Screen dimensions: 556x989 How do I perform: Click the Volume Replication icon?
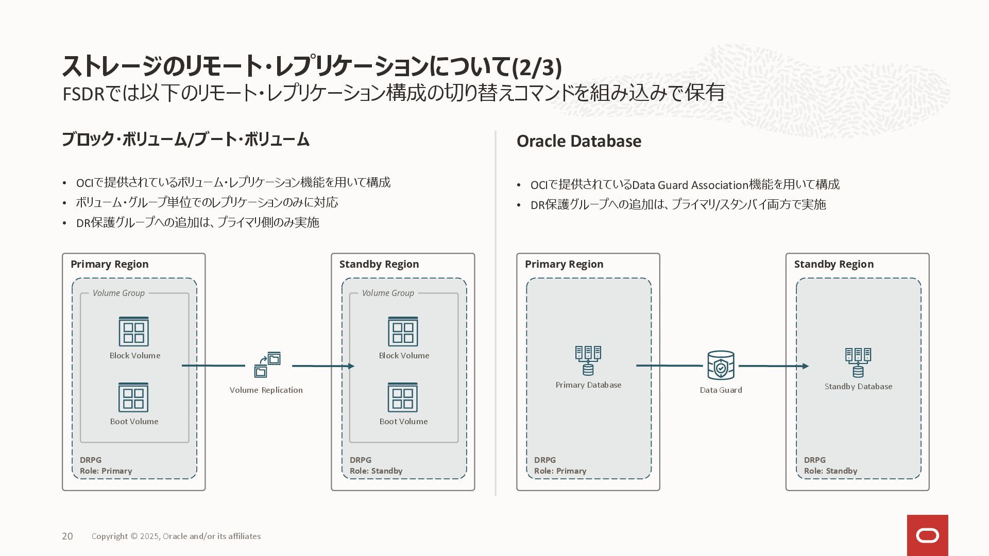(x=267, y=365)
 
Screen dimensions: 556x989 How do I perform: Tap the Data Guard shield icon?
(x=721, y=365)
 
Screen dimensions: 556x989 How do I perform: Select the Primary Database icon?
(x=588, y=360)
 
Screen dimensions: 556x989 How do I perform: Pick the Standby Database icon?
(x=858, y=362)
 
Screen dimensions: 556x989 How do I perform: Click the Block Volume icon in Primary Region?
(x=134, y=332)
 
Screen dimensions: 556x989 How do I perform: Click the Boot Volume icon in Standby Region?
(x=403, y=397)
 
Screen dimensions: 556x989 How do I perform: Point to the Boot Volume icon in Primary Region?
(x=133, y=397)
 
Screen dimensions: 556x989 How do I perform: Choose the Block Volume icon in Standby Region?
(x=403, y=332)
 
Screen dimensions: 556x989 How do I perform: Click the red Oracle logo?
(x=927, y=535)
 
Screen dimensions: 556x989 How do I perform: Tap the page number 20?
(x=67, y=536)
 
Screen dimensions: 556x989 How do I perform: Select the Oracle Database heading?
(x=579, y=141)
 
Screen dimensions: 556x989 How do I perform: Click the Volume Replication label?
(x=266, y=390)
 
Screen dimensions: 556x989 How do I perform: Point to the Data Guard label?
(x=721, y=390)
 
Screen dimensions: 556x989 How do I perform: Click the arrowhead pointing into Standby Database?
(x=806, y=366)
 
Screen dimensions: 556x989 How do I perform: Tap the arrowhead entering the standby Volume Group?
(x=351, y=366)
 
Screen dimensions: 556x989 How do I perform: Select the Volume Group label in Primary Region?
(x=118, y=293)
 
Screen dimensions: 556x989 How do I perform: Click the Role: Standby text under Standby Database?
(x=830, y=471)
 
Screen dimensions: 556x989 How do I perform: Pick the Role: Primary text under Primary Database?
(x=560, y=471)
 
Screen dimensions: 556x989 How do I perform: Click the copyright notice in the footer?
(x=176, y=536)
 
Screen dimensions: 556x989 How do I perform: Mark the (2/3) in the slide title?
(x=537, y=67)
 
